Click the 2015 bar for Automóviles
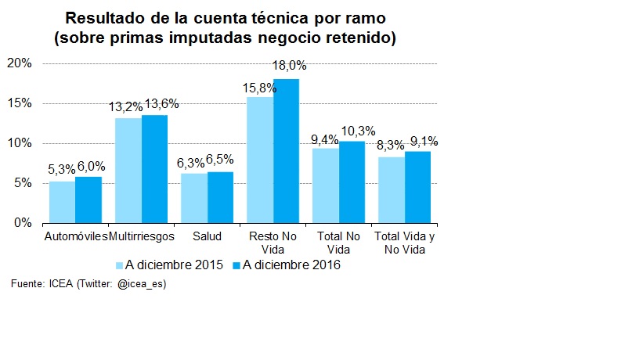tap(62, 203)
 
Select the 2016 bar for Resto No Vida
tap(286, 151)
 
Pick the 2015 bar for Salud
tap(193, 198)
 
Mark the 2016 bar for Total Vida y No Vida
tap(417, 187)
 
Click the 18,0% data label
tap(288, 67)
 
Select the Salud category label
tap(207, 236)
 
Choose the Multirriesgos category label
tap(142, 236)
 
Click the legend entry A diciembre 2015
tap(169, 265)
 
